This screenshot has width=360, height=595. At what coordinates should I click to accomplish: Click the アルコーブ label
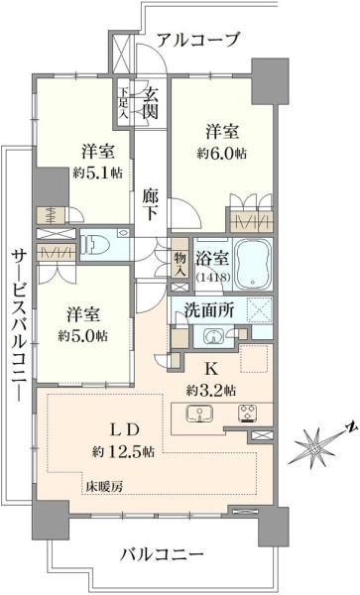tap(198, 40)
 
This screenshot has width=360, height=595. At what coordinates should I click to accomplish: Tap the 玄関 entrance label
tap(150, 102)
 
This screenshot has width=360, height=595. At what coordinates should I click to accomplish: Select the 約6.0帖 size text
tap(221, 154)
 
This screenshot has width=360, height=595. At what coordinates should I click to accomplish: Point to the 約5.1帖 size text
tap(97, 173)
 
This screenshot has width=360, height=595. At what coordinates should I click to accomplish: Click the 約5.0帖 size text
tap(82, 335)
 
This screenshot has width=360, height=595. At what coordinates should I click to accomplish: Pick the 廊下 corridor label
tap(151, 204)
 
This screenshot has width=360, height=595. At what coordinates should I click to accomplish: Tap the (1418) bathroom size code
tap(213, 277)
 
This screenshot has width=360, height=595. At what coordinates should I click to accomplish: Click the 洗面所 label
tap(208, 310)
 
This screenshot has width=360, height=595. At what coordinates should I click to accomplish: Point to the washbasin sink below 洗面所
tap(213, 336)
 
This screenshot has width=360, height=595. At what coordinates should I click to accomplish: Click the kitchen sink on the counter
tap(199, 414)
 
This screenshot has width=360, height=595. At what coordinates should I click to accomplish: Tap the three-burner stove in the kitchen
tap(248, 414)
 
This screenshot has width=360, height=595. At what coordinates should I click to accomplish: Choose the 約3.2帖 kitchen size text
tap(210, 390)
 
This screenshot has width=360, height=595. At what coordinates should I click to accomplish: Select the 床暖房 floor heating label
tap(103, 487)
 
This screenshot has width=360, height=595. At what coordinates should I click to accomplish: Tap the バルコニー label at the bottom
tap(162, 555)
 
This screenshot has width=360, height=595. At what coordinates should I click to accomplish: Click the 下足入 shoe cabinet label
tap(123, 102)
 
